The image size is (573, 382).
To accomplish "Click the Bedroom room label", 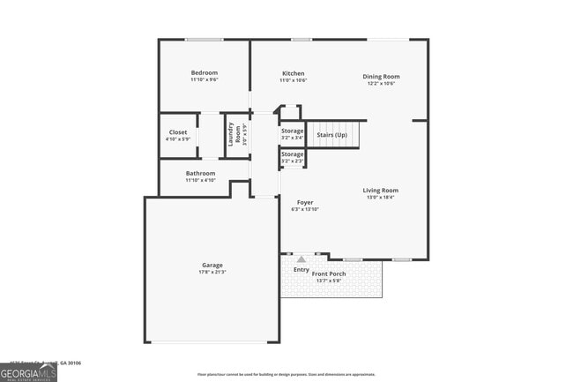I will tap(205, 72).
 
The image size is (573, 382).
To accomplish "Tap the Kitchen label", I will tap(294, 73).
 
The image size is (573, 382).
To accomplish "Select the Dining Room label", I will tap(381, 77).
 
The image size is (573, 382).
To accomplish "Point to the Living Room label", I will tap(381, 191).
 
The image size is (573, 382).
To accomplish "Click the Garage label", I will tap(212, 265).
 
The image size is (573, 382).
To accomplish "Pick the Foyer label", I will tap(305, 202).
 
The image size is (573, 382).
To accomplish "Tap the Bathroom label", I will tap(201, 173).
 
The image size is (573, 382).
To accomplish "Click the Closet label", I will tap(177, 131).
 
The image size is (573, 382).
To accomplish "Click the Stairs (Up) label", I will tap(331, 135).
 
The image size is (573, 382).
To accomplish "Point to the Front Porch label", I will tap(329, 273).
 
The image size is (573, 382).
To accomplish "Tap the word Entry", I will tap(301, 269).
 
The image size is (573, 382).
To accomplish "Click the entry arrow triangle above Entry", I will tap(301, 259).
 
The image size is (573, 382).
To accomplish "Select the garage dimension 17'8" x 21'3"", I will tap(212, 272).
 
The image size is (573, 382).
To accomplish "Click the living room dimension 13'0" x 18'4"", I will tap(381, 198).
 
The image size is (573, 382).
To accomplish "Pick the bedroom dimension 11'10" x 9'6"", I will tap(205, 79).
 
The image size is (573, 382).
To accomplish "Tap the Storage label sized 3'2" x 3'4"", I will tap(293, 131).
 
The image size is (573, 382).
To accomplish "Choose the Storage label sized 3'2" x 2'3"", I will tap(293, 154).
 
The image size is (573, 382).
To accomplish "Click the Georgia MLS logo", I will tap(28, 372).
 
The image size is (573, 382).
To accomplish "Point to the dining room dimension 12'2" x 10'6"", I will tap(381, 84).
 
